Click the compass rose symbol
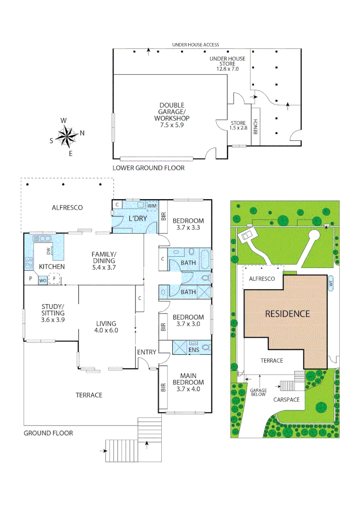pos(67,136)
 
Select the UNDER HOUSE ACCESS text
pos(195,44)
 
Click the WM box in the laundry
pos(152,206)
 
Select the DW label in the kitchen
pos(48,250)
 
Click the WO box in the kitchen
pos(42,280)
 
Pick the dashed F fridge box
pos(55,280)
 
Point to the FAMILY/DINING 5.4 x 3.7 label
pos(104,260)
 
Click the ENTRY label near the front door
pos(146,352)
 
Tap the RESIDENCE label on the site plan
pos(287,314)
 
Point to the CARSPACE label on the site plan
pos(286,399)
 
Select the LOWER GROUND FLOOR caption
pos(148,168)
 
